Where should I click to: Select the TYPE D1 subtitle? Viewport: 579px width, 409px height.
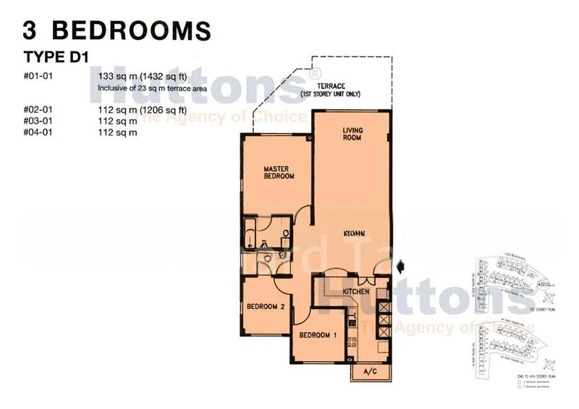point(56,57)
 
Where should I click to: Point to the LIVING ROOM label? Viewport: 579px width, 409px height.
point(353,134)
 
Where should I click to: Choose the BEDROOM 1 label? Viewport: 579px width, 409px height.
point(320,335)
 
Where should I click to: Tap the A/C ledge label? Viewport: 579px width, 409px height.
point(369,373)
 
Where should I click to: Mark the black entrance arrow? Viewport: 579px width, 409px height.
point(402,268)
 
